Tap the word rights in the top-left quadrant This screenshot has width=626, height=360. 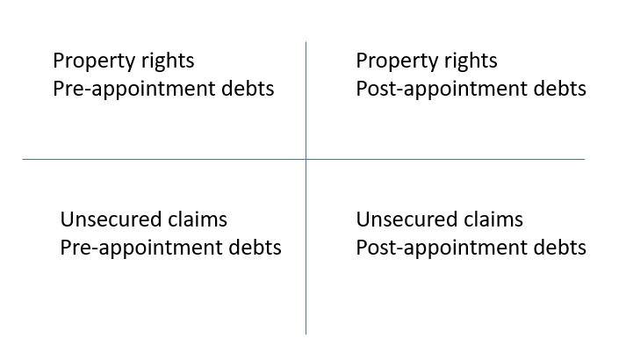coord(168,61)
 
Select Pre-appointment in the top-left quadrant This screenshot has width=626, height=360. coord(133,90)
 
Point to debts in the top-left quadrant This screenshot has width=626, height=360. coord(248,88)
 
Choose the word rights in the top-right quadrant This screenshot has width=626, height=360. coord(471,61)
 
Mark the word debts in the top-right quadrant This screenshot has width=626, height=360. coord(560,88)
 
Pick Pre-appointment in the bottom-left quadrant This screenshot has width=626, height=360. coord(141,248)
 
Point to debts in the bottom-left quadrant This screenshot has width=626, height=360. coord(255,247)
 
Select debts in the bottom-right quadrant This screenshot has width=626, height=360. coord(560,247)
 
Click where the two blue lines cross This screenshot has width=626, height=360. coord(306,159)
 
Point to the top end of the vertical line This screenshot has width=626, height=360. coord(306,42)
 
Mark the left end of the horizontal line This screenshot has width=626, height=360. coord(23,159)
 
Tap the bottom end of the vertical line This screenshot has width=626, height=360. coord(306,334)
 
